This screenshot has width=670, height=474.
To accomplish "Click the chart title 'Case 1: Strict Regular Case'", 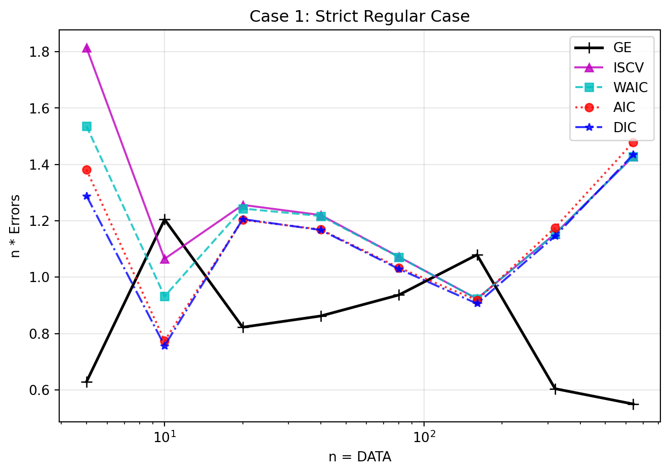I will [359, 17].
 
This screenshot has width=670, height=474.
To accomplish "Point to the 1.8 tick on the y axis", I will [43, 52].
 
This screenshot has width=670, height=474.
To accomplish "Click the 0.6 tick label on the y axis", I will [43, 390].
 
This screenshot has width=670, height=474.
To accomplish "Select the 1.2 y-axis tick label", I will [43, 221].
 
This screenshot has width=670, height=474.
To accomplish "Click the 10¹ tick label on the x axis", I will [164, 436].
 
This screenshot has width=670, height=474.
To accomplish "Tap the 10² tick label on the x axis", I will [424, 436].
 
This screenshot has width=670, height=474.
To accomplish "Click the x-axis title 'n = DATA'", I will [360, 457].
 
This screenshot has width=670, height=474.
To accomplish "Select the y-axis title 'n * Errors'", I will [16, 226].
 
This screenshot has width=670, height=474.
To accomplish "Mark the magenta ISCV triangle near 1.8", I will [87, 48].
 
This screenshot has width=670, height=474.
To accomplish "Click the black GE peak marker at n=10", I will [164, 220].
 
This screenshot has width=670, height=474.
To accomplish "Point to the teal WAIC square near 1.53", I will [87, 126].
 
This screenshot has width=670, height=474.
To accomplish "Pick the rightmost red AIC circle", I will [633, 142].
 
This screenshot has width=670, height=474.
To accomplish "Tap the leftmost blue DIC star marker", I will [87, 196].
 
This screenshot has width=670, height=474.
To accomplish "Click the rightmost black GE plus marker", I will [633, 404].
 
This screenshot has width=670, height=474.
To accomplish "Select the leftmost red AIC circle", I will [87, 170].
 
